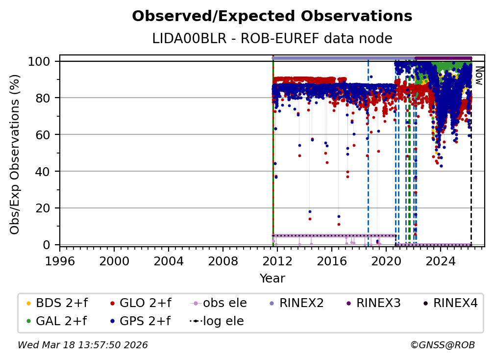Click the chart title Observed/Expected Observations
point(272,16)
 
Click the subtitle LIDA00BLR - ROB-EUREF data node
point(272,39)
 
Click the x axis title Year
point(272,279)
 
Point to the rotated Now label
point(479,76)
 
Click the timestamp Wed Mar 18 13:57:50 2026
point(83,345)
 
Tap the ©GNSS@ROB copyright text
point(442,345)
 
